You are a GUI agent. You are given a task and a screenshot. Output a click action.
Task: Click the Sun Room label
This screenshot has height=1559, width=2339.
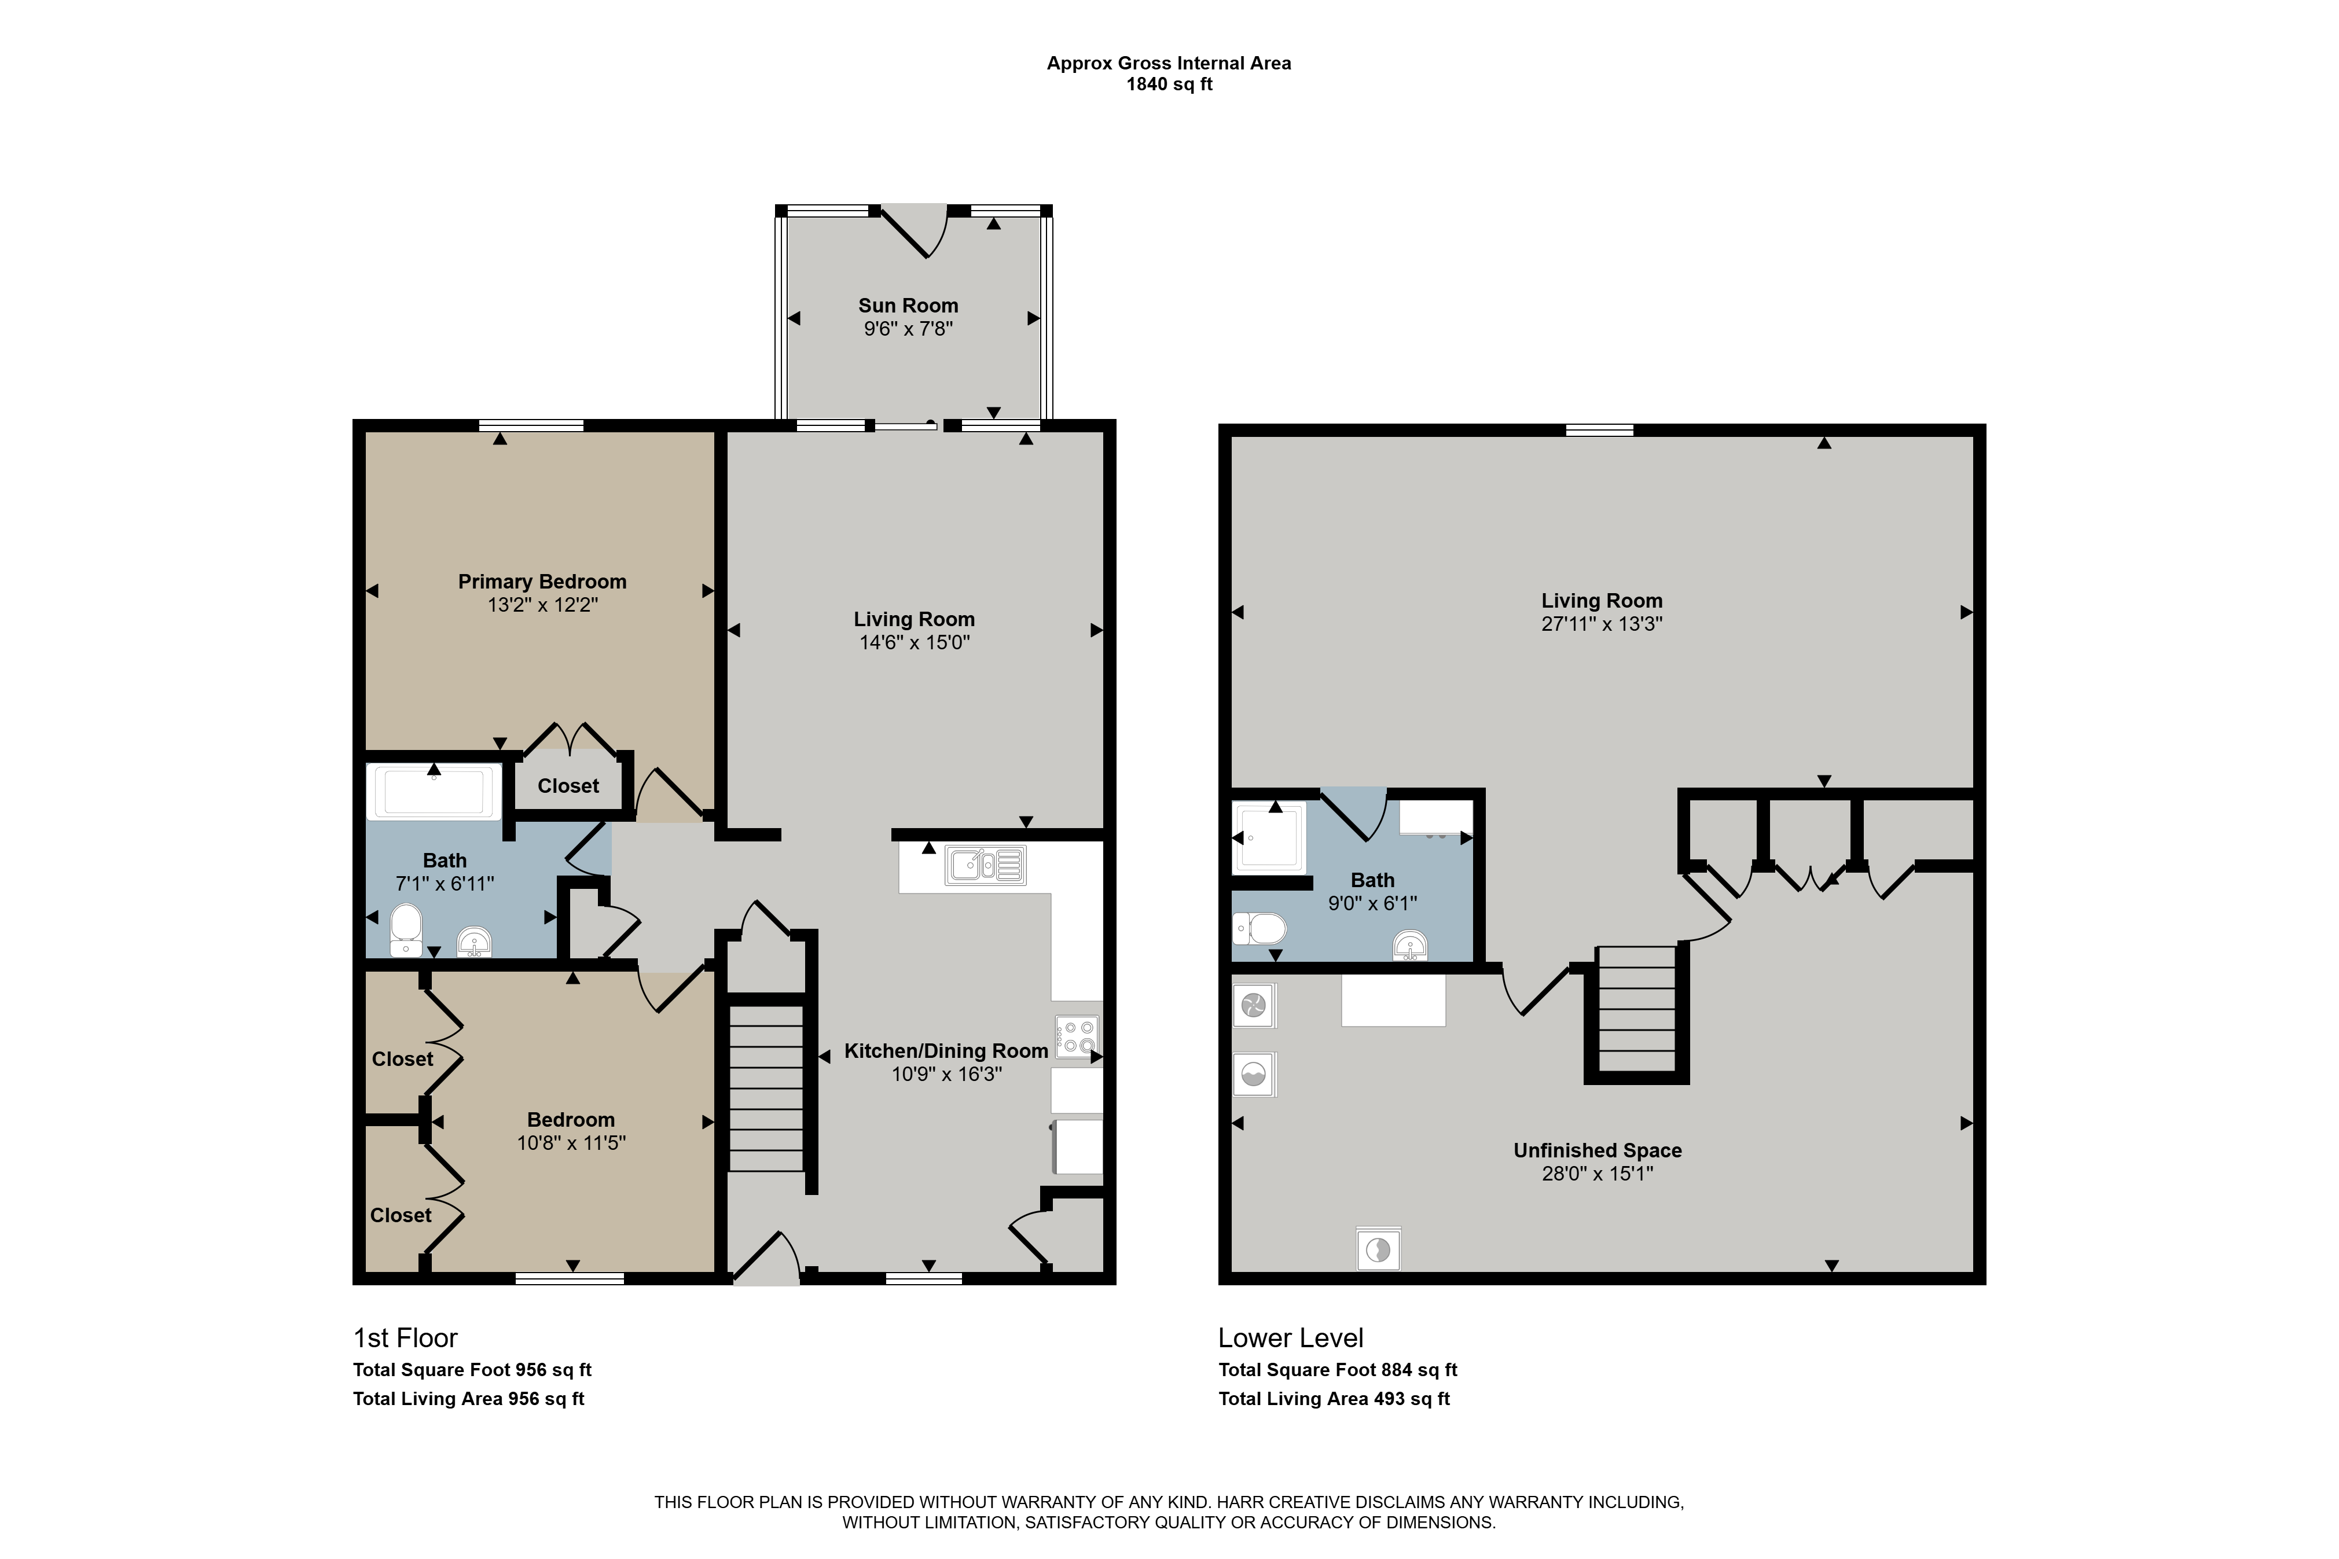[x=908, y=305]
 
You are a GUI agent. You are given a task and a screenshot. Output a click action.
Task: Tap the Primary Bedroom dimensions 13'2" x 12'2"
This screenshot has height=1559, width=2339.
[x=542, y=605]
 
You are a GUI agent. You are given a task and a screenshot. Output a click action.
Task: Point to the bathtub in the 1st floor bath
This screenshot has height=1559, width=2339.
[x=434, y=792]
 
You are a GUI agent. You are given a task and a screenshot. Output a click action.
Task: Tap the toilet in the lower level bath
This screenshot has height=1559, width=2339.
[x=1259, y=929]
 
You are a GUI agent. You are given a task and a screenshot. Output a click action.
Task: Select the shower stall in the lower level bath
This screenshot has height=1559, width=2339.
[x=1269, y=837]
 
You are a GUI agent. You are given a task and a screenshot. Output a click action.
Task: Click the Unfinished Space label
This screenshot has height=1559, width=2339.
[x=1597, y=1150]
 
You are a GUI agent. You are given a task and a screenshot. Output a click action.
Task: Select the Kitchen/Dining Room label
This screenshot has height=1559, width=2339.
[x=946, y=1051]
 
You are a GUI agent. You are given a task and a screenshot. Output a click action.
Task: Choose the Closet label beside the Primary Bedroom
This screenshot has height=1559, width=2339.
[x=568, y=785]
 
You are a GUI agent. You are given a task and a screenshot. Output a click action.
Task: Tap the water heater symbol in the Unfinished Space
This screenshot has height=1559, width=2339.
[x=1378, y=1249]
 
